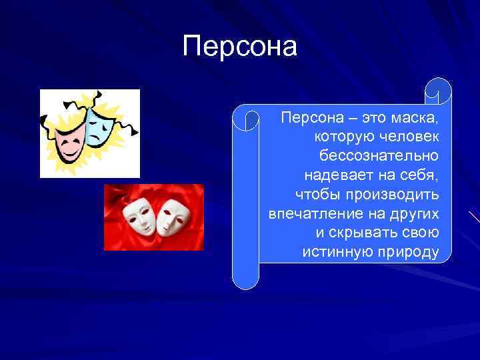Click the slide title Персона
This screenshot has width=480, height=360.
point(240,47)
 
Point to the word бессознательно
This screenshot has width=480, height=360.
point(379,156)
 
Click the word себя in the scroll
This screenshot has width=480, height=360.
point(421,175)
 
